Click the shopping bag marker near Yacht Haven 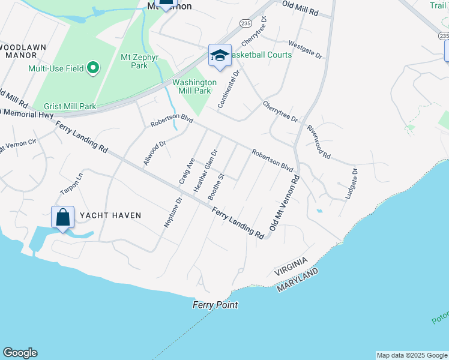click(62, 217)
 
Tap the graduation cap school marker click(220, 56)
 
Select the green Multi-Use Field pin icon click(93, 68)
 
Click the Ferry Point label click(215, 305)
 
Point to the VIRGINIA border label click(291, 266)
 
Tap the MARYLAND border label click(297, 281)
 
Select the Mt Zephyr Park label click(134, 61)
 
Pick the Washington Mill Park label click(194, 86)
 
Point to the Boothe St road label click(215, 187)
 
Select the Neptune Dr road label click(173, 212)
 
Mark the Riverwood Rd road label click(318, 142)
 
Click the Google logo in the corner click(20, 353)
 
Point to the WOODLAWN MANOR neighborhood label click(22, 50)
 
